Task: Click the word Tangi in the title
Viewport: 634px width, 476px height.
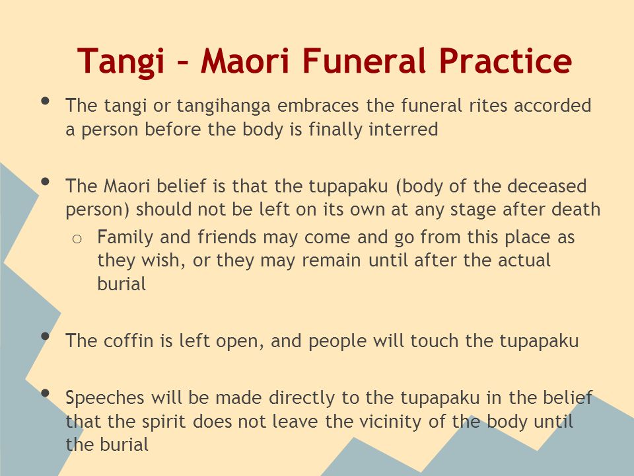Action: [120, 61]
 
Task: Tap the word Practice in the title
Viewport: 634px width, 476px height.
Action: [505, 60]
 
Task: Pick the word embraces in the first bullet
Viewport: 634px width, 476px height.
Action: [318, 105]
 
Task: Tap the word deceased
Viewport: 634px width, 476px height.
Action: [547, 186]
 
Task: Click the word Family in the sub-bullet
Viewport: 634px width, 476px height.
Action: [125, 238]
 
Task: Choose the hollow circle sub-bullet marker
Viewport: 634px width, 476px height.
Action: [77, 239]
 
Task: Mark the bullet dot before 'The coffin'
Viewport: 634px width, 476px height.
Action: [46, 336]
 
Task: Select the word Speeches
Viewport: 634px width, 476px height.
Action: [105, 398]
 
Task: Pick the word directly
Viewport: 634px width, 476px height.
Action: [302, 398]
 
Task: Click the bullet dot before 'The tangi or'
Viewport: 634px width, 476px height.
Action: [46, 100]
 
